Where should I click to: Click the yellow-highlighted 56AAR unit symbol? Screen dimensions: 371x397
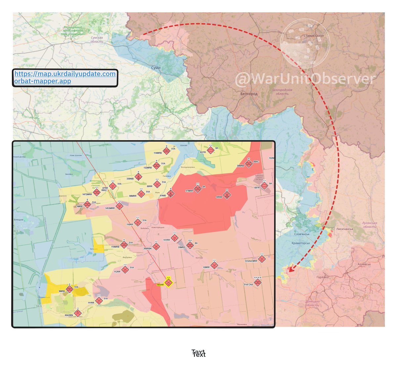click(169, 283)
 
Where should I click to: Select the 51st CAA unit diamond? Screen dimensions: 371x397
click(258, 282)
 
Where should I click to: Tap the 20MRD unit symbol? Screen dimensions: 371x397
click(190, 245)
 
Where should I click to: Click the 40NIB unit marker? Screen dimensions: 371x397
click(227, 195)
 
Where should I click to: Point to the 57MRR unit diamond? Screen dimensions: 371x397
click(198, 189)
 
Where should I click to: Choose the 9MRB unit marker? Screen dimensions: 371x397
click(69, 289)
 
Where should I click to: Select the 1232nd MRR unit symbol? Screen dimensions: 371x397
click(262, 259)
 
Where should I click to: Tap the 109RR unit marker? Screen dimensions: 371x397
click(214, 265)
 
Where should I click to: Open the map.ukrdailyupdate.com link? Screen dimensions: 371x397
click(65, 74)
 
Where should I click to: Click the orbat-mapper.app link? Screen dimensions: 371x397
click(43, 81)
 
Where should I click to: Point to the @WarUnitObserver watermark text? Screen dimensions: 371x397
click(305, 79)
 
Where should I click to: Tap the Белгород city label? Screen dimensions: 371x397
click(249, 94)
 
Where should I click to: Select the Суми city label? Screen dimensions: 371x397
click(156, 68)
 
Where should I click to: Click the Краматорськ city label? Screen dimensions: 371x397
click(300, 243)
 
